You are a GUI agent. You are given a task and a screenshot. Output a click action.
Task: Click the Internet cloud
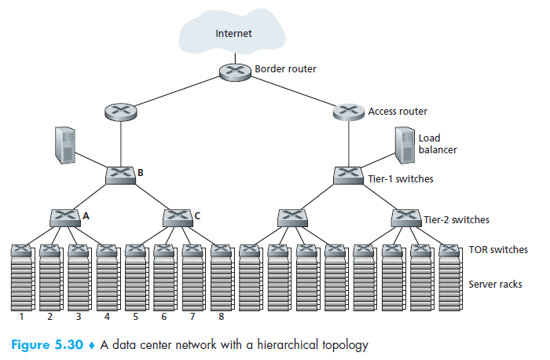pyautogui.click(x=233, y=34)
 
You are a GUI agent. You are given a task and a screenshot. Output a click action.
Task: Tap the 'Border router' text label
pyautogui.click(x=285, y=69)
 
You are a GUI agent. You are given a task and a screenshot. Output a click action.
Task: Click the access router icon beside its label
pyautogui.click(x=348, y=112)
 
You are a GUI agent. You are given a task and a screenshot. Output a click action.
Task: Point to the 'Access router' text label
pyautogui.click(x=398, y=112)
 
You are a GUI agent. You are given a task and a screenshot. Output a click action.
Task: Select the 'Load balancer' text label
pyautogui.click(x=437, y=143)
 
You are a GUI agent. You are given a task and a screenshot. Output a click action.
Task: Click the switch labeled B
pyautogui.click(x=120, y=174)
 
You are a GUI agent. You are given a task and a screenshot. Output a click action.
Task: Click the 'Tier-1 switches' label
pyautogui.click(x=400, y=179)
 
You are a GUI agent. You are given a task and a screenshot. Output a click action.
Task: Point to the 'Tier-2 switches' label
pyautogui.click(x=456, y=220)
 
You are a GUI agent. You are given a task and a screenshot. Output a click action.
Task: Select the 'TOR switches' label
pyautogui.click(x=497, y=250)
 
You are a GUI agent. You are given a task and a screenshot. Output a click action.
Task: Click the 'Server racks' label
pyautogui.click(x=495, y=284)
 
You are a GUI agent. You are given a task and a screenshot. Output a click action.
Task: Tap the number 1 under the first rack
pyautogui.click(x=21, y=318)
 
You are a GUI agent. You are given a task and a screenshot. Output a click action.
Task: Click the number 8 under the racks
pyautogui.click(x=221, y=318)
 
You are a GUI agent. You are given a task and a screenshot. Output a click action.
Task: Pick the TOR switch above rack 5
pyautogui.click(x=135, y=251)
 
